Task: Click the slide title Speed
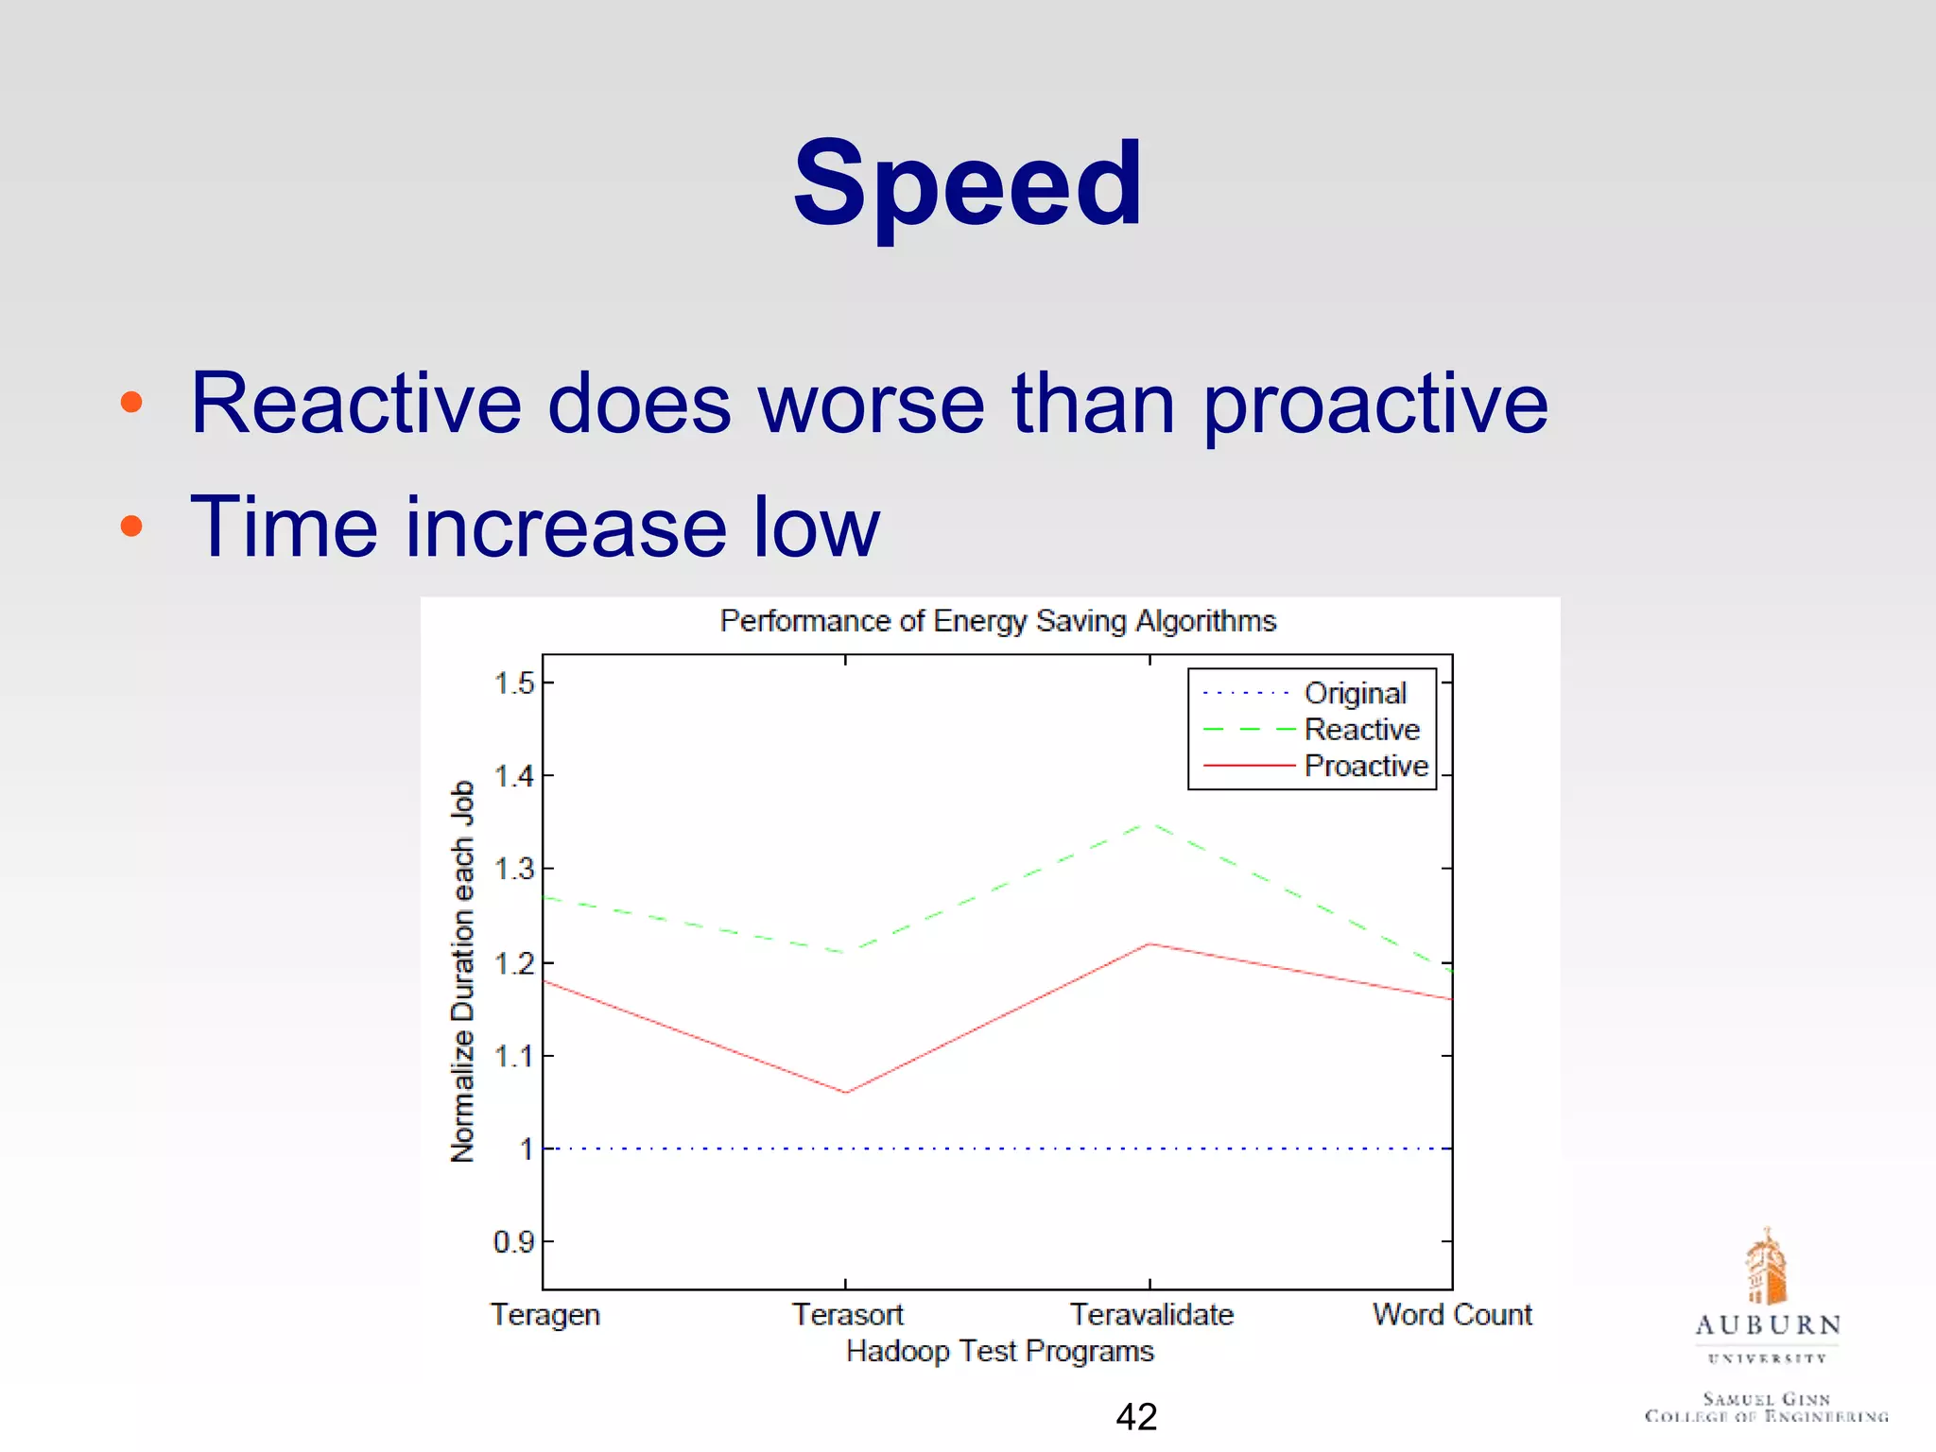point(967,184)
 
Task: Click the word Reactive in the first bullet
point(355,405)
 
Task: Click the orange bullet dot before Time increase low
point(131,526)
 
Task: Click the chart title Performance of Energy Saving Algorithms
point(997,621)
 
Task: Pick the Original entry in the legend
point(1355,693)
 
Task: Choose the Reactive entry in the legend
point(1361,730)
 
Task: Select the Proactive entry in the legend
point(1365,766)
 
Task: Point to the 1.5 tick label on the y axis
point(514,683)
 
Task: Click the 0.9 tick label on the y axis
point(513,1242)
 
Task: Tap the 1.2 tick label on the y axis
point(514,963)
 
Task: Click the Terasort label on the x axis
point(847,1315)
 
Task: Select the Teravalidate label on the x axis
point(1150,1315)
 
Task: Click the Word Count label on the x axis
point(1452,1315)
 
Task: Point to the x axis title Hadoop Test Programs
point(999,1352)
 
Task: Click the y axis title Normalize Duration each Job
point(462,971)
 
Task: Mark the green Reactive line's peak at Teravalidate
point(1149,823)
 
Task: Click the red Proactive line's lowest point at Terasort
point(846,1093)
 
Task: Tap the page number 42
point(1136,1417)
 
